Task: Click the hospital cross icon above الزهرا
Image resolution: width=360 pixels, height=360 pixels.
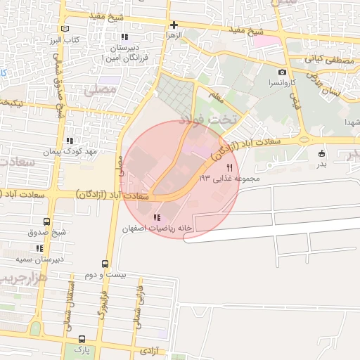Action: tap(174, 25)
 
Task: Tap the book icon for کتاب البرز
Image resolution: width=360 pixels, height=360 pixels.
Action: tap(66, 29)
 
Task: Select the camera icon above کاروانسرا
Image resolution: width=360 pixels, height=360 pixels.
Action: tap(282, 72)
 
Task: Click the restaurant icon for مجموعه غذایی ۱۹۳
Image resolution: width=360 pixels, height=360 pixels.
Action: tap(230, 167)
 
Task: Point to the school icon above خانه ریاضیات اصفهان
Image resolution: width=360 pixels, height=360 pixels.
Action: tap(155, 217)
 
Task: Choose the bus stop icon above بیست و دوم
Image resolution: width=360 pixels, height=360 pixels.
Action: tap(105, 264)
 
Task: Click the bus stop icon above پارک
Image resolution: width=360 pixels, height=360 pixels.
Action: tap(82, 338)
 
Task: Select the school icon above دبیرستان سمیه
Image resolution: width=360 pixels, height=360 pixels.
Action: tap(39, 248)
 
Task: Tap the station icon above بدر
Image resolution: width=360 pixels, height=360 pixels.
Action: tap(322, 153)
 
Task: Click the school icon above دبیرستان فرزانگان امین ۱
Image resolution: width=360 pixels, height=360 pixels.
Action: tap(124, 37)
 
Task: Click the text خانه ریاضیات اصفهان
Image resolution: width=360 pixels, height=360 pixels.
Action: tap(156, 229)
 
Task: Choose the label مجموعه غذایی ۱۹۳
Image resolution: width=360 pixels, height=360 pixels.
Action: tap(230, 179)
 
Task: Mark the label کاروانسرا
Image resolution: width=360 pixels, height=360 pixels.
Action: tap(283, 82)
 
